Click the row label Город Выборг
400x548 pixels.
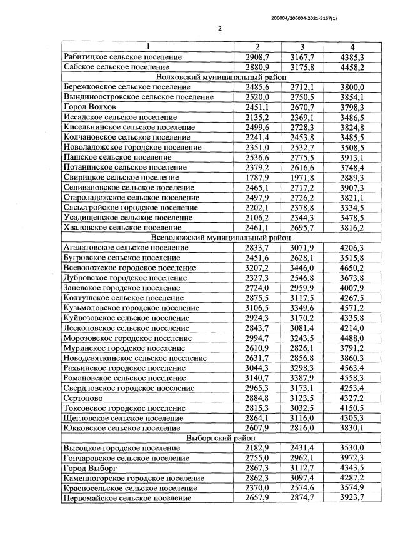tap(91, 468)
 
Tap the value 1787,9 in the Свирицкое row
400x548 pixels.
tap(256, 178)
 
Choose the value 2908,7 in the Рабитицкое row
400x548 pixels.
tap(256, 57)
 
